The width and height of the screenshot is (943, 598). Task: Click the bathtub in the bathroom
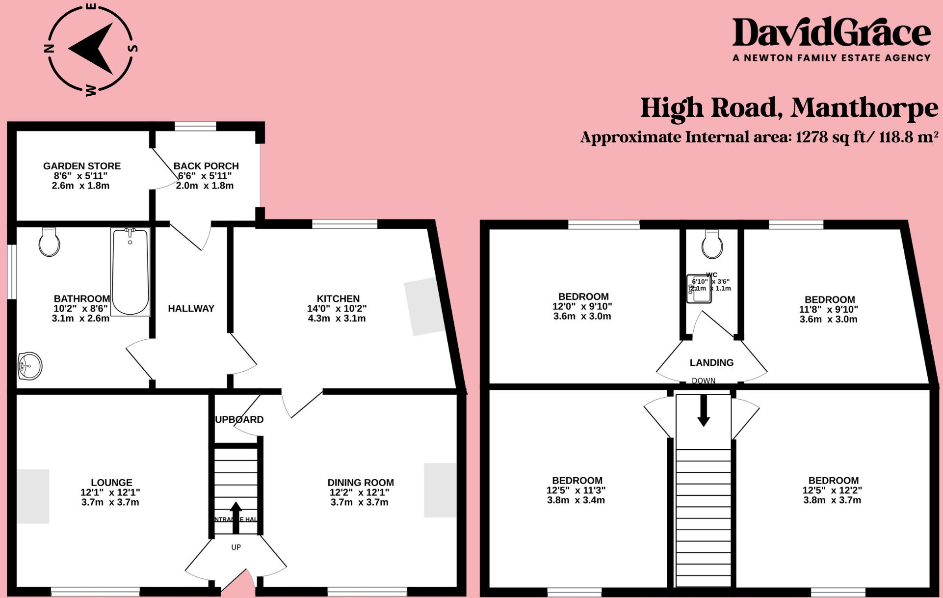130,272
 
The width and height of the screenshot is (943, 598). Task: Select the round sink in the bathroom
30,366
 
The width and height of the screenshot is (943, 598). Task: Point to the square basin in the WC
699,289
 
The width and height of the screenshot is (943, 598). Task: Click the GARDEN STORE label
82,166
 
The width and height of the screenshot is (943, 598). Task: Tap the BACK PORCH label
206,166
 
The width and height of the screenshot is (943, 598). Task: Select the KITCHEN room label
338,299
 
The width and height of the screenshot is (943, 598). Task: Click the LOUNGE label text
111,483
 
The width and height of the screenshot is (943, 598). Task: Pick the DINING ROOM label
361,483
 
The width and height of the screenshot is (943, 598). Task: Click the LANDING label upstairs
711,363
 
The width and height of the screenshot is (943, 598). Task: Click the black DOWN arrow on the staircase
704,410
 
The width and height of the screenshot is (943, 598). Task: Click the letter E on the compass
91,7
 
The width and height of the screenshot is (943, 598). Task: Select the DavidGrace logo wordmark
831,33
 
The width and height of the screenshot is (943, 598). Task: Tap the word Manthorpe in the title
864,108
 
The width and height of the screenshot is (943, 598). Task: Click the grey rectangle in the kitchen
422,306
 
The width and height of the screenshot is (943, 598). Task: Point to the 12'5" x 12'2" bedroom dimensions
832,490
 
